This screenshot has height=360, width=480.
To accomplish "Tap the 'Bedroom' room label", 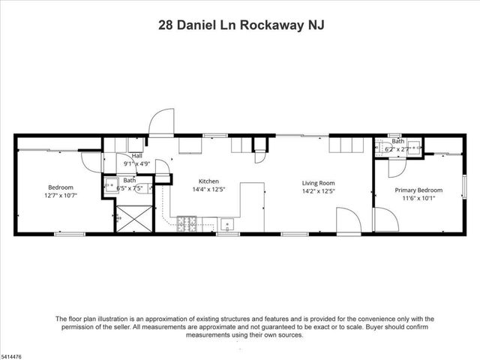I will pos(61,187).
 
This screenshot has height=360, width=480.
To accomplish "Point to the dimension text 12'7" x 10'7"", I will pos(61,195).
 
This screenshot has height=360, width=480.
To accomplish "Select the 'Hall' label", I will pos(136,156).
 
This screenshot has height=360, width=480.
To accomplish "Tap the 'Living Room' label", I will pos(318,182).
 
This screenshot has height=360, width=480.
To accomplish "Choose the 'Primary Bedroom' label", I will pos(418,190).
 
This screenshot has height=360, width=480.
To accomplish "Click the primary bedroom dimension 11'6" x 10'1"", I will pos(418,199).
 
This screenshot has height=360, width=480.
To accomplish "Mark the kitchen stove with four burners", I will pos(187,223).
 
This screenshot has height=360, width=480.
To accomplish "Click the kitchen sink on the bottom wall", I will pos(228,223).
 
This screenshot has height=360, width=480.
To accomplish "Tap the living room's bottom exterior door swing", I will pos(347,220).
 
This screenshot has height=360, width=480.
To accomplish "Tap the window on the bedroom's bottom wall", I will pos(69,234).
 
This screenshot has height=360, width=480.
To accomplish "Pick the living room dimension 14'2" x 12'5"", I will pos(318,190).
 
